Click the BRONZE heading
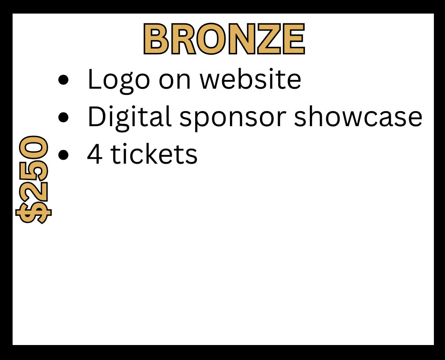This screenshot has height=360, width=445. pos(224,38)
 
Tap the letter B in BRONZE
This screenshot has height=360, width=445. pos(157,38)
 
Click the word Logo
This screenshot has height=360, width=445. pos(119,80)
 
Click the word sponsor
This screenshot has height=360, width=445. pos(233,119)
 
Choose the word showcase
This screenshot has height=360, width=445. pos(358,116)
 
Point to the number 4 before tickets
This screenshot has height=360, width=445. pos(95,154)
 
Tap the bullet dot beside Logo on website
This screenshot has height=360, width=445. pos(63,80)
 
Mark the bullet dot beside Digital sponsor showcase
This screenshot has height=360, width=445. pos(63,117)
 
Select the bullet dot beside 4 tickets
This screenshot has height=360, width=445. pos(63,154)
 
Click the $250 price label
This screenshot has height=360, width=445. pos(33,180)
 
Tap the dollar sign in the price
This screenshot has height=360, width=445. pos(33,213)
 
